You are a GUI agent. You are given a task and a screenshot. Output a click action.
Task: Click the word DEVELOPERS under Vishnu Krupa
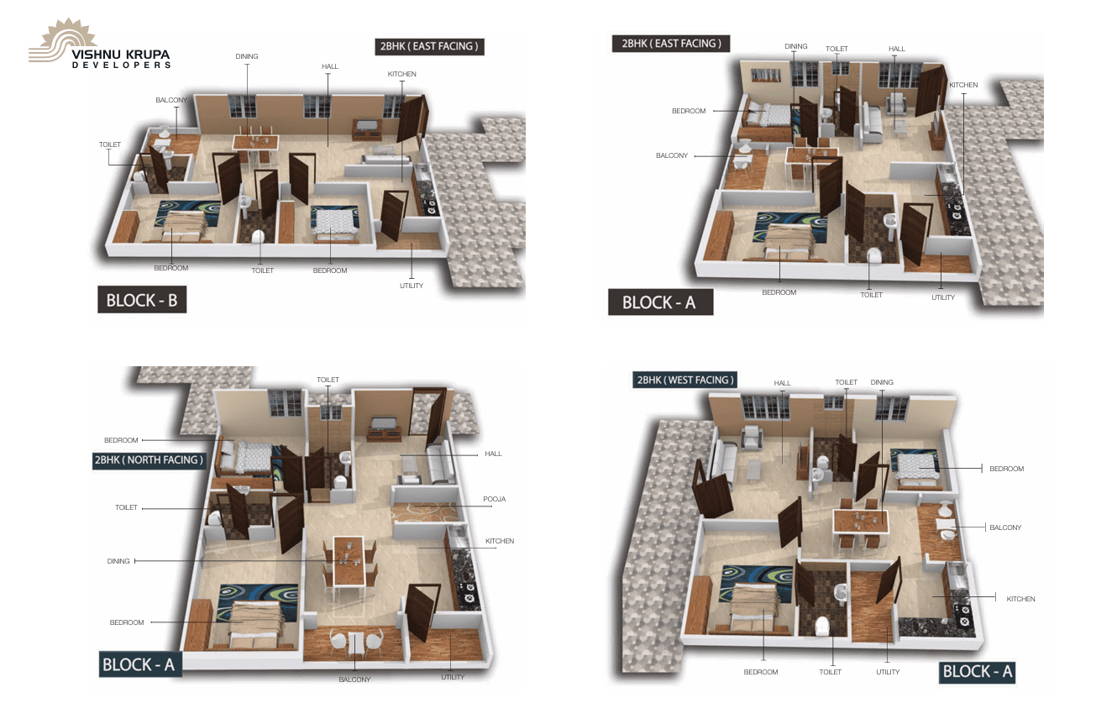(x=121, y=66)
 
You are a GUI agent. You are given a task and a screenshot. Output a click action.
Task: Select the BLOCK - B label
(x=142, y=300)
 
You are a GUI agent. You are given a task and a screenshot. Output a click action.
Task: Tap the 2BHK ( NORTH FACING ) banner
(x=149, y=460)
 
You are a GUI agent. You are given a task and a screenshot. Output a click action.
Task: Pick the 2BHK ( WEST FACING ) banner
(x=685, y=380)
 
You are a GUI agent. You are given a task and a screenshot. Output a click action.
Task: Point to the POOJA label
(x=494, y=499)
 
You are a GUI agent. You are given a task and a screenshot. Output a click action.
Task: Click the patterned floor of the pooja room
(x=425, y=512)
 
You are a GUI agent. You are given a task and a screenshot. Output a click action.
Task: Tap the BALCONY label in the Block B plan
(x=171, y=100)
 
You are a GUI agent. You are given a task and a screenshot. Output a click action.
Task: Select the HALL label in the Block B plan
(x=330, y=66)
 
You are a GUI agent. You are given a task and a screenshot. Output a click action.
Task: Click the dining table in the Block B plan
(x=255, y=143)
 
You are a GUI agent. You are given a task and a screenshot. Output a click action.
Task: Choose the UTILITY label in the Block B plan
(x=411, y=286)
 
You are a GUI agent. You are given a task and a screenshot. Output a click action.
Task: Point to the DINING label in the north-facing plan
(x=118, y=561)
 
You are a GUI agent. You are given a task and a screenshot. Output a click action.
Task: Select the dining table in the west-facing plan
(x=860, y=522)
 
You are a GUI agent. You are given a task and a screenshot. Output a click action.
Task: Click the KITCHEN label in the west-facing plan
(x=1020, y=599)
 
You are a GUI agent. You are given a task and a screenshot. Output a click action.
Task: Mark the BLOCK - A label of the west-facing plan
(x=977, y=671)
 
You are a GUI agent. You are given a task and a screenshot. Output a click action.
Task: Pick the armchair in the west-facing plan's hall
(x=751, y=437)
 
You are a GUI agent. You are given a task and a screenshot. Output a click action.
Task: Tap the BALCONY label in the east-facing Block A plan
(x=672, y=155)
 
